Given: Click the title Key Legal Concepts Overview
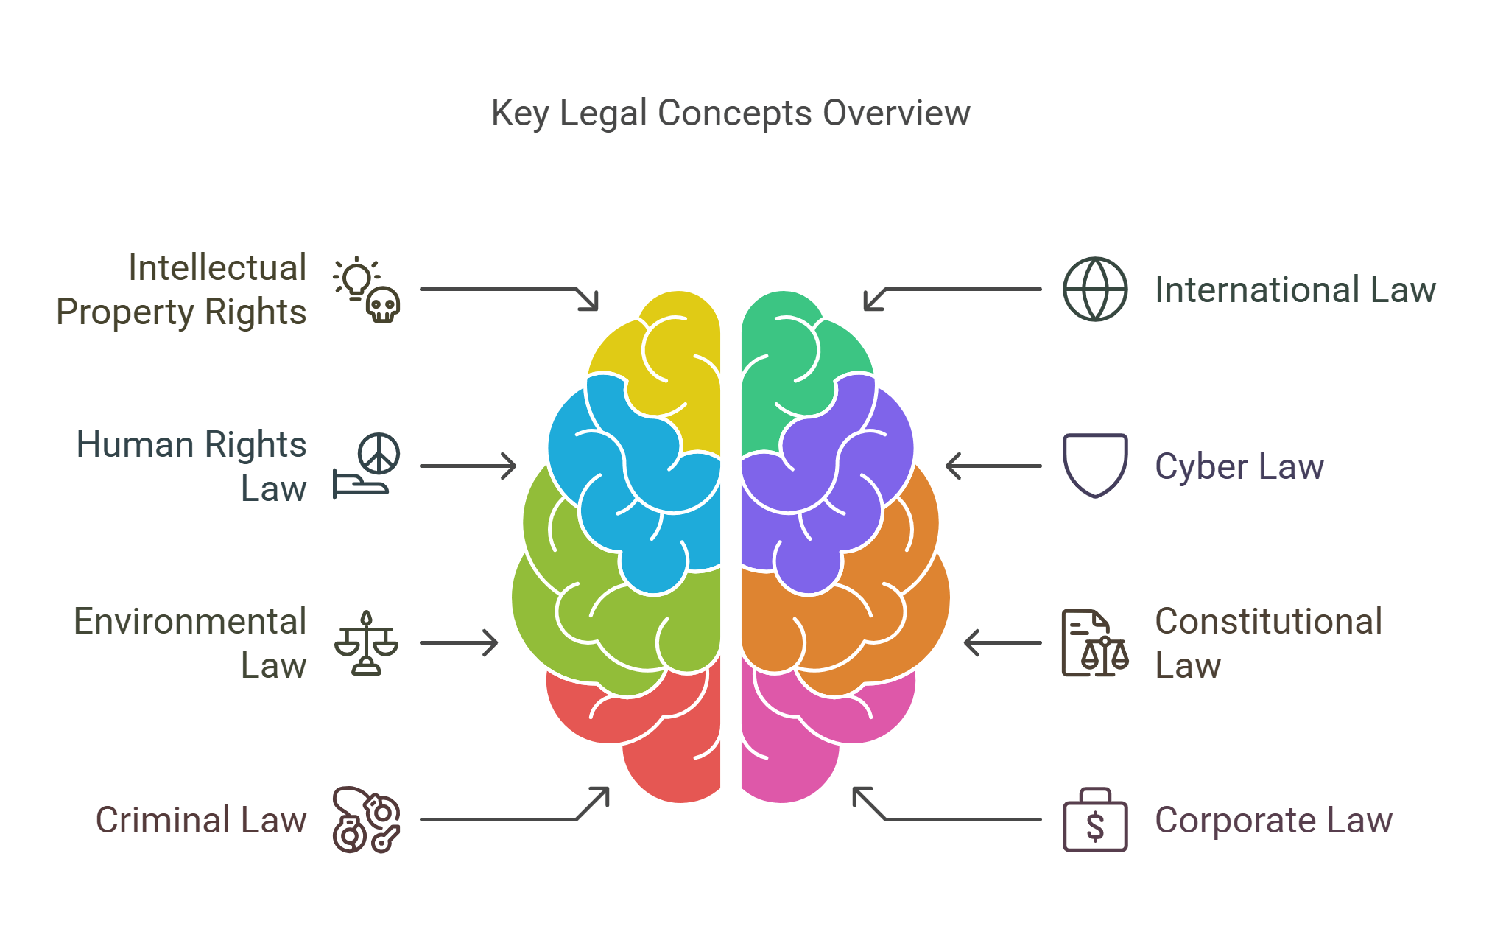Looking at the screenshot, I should pyautogui.click(x=731, y=113).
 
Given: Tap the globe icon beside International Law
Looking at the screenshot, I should pyautogui.click(x=1094, y=289).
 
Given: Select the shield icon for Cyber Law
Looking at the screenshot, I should pyautogui.click(x=1094, y=465).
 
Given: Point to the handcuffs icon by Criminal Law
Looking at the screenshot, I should pyautogui.click(x=366, y=820).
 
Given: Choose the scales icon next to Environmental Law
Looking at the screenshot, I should pyautogui.click(x=366, y=643).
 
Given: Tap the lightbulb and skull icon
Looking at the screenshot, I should pyautogui.click(x=366, y=290).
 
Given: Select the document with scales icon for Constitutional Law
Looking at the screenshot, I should pyautogui.click(x=1094, y=643).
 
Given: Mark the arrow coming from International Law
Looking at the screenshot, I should pyautogui.click(x=957, y=290).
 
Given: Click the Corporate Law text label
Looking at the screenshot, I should pyautogui.click(x=1273, y=820).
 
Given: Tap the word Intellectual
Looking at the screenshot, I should pyautogui.click(x=217, y=267).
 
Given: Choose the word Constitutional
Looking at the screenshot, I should pyautogui.click(x=1268, y=621).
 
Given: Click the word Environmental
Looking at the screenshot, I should pyautogui.click(x=190, y=621).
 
